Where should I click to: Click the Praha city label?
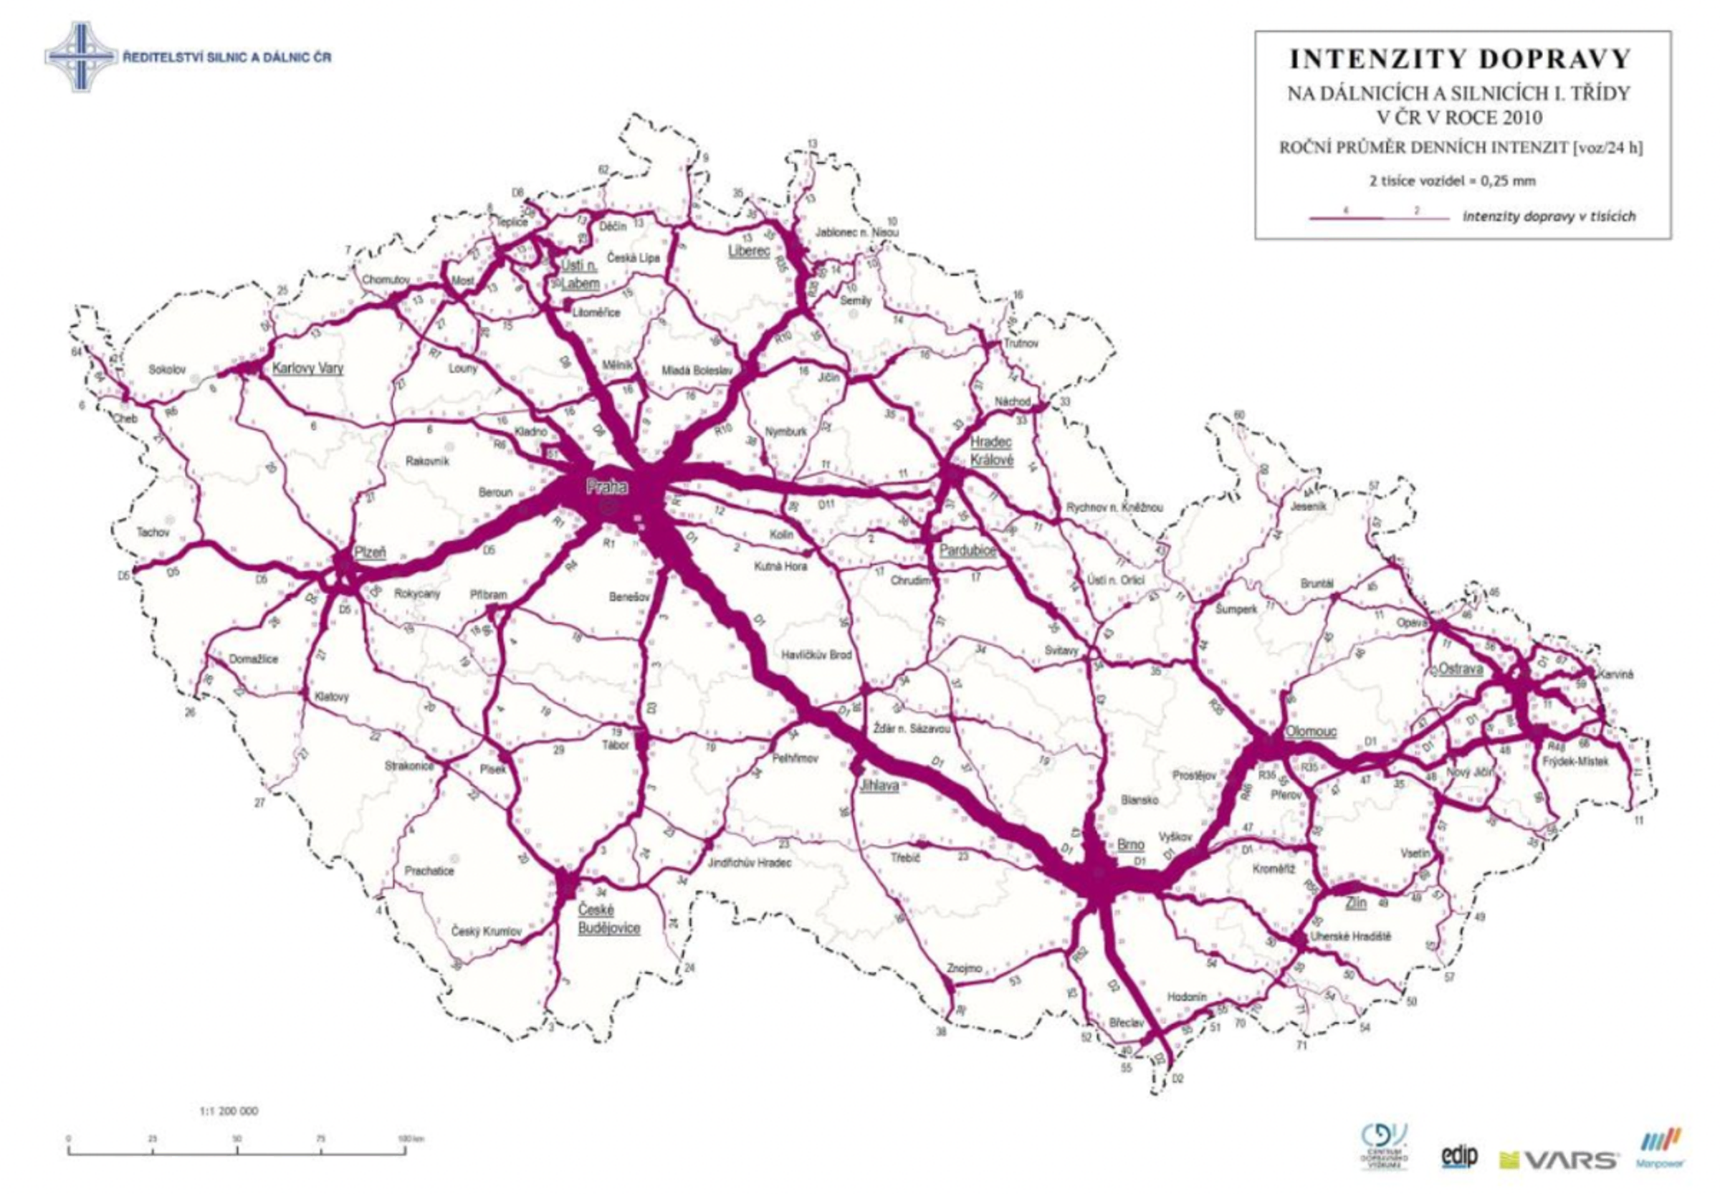[607, 487]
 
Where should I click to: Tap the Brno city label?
[1129, 845]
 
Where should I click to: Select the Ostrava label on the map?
[1460, 669]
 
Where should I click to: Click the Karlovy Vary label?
[307, 368]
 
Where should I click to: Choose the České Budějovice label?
[609, 919]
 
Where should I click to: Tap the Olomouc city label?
[1310, 732]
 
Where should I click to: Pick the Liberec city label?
[749, 252]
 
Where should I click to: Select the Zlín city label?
[1356, 903]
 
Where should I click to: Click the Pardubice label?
[968, 550]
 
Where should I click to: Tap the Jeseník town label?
[1308, 507]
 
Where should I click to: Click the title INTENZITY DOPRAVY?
[1462, 59]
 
